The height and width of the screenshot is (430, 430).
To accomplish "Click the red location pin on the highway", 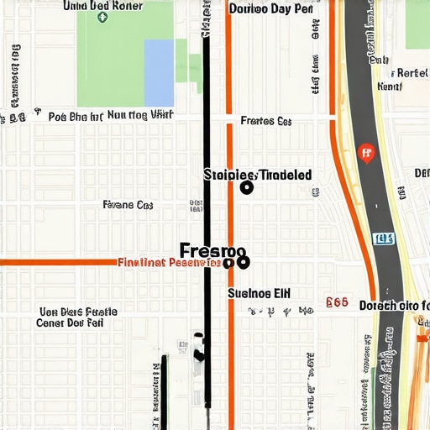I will tap(364, 153).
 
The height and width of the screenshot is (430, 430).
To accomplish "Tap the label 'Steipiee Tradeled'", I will tap(258, 175).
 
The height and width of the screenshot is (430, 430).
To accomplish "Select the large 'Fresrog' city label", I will tap(212, 250).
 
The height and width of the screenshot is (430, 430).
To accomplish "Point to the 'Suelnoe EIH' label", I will tap(260, 294).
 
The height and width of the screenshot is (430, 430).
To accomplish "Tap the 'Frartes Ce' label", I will tap(265, 121).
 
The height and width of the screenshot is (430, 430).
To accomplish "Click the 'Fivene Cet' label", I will tap(128, 204).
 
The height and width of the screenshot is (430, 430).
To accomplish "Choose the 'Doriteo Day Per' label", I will tap(271, 10).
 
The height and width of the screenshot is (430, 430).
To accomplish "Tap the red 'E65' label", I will tap(337, 300).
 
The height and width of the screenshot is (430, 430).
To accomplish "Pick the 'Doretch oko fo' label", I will tap(394, 306).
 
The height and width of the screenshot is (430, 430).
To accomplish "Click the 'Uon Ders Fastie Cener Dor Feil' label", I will tap(77, 317).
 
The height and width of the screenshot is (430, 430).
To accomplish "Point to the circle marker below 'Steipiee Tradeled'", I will tap(246, 188).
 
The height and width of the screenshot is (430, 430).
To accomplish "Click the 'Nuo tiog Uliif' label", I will tap(140, 115).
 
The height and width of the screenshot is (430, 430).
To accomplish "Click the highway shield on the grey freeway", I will tap(383, 239).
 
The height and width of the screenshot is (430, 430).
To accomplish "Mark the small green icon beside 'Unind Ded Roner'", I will tap(102, 16).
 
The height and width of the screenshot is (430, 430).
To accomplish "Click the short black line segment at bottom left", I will tap(165, 391).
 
